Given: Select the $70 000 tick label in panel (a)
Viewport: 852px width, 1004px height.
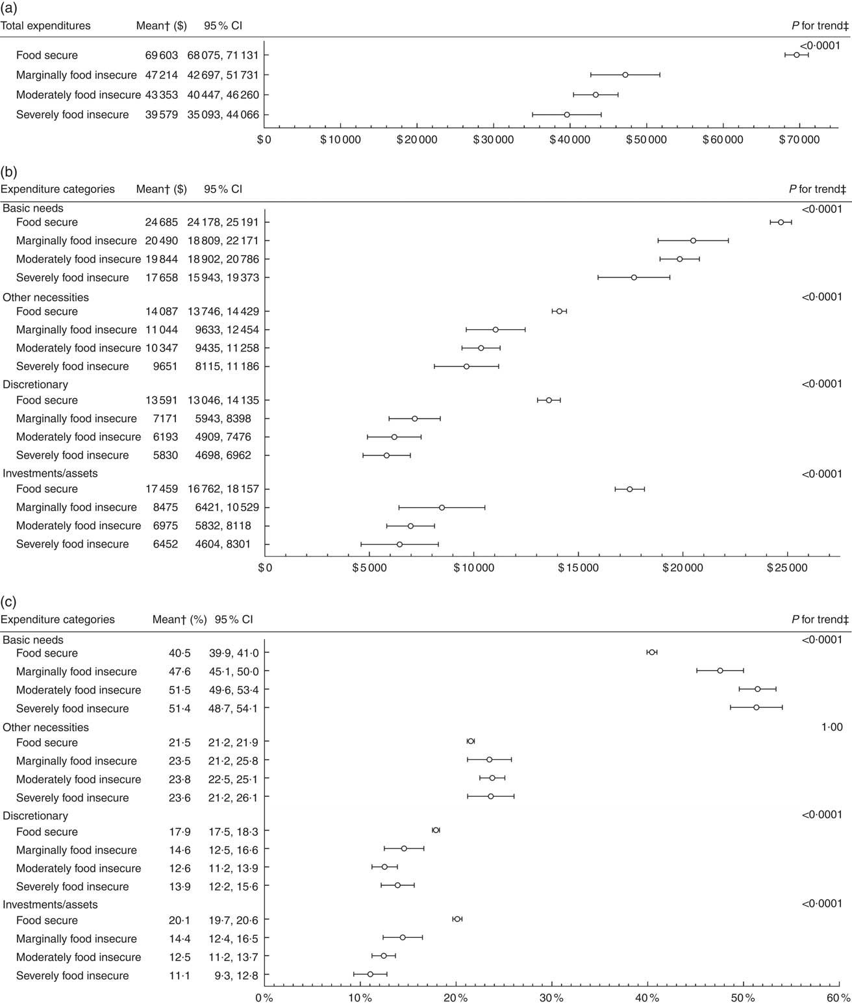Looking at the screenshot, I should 799,140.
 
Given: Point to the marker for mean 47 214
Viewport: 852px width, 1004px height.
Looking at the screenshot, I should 625,75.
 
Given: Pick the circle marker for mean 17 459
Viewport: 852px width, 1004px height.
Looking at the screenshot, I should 629,489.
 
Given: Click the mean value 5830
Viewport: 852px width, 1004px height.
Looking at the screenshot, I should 166,455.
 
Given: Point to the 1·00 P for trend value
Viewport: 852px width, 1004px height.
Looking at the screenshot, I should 832,727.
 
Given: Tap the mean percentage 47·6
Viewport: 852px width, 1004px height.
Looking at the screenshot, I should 180,671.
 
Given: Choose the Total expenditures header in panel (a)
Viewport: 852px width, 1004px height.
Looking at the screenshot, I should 45,26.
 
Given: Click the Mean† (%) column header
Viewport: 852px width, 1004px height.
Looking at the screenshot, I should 179,620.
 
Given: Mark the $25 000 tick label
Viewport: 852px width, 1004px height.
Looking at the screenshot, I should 787,568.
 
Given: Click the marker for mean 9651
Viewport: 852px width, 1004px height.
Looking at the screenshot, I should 466,366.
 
